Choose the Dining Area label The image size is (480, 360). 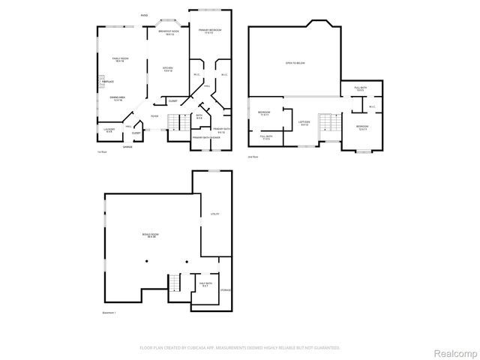coord(117,98)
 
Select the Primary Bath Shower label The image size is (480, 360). coord(205,138)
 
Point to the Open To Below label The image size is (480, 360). coord(295,64)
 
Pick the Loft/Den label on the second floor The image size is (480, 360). coord(304,122)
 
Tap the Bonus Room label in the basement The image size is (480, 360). coord(149,235)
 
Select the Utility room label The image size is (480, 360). coord(214,214)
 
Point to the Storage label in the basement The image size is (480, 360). coord(225,289)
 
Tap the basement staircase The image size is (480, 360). coord(175,283)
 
